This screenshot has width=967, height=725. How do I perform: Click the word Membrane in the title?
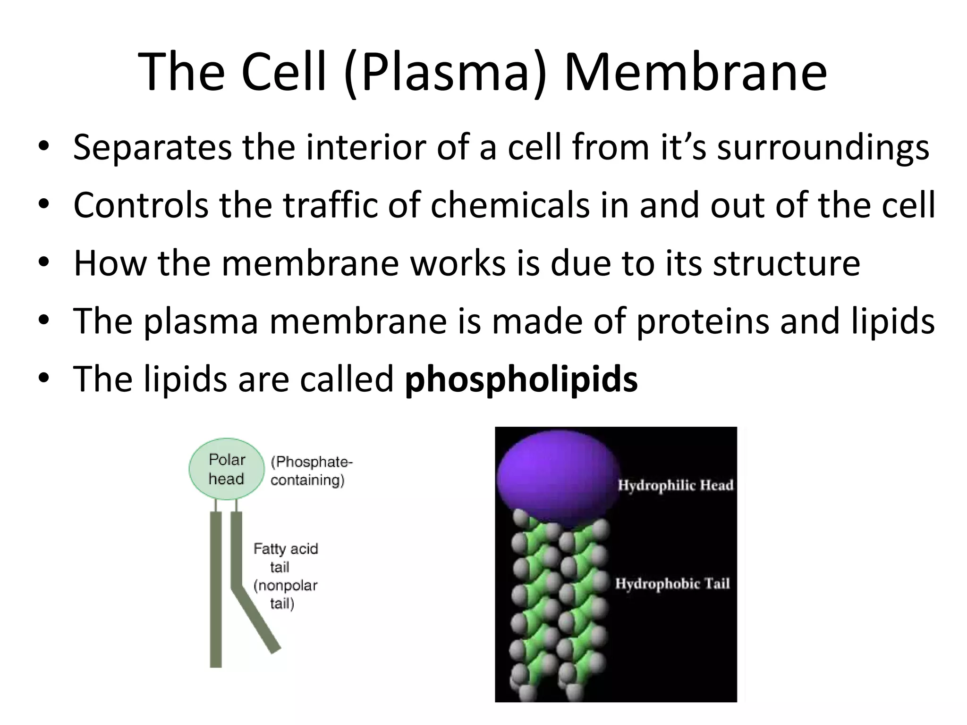(x=695, y=72)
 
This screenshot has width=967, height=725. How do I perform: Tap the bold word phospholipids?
(x=521, y=379)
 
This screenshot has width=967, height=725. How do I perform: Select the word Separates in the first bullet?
(x=152, y=148)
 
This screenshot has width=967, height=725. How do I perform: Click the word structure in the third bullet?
(x=786, y=263)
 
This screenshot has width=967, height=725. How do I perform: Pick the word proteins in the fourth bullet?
(x=703, y=322)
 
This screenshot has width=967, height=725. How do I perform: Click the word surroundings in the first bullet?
(x=823, y=148)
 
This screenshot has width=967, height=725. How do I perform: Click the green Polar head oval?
(x=227, y=469)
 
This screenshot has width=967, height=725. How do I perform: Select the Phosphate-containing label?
(x=311, y=471)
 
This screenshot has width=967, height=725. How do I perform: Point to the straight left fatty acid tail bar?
(x=216, y=590)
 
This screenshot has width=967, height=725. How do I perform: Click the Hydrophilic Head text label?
(x=676, y=485)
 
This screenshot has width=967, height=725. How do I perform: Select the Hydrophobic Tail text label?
(x=672, y=584)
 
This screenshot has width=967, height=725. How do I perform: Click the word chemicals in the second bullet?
(x=510, y=205)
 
